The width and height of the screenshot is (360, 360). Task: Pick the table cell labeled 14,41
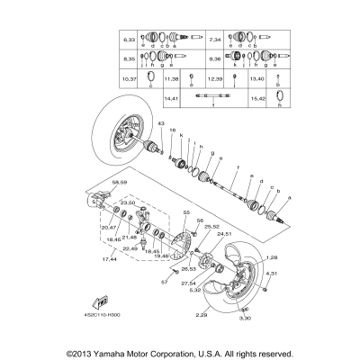pyautogui.click(x=172, y=96)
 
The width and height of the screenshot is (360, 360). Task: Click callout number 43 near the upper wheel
pyautogui.click(x=162, y=122)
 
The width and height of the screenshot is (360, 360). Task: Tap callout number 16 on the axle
pyautogui.click(x=172, y=130)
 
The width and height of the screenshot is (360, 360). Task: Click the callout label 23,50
pyautogui.click(x=127, y=203)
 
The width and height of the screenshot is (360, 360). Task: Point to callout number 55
pyautogui.click(x=186, y=212)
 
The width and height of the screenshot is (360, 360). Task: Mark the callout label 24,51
pyautogui.click(x=224, y=234)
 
